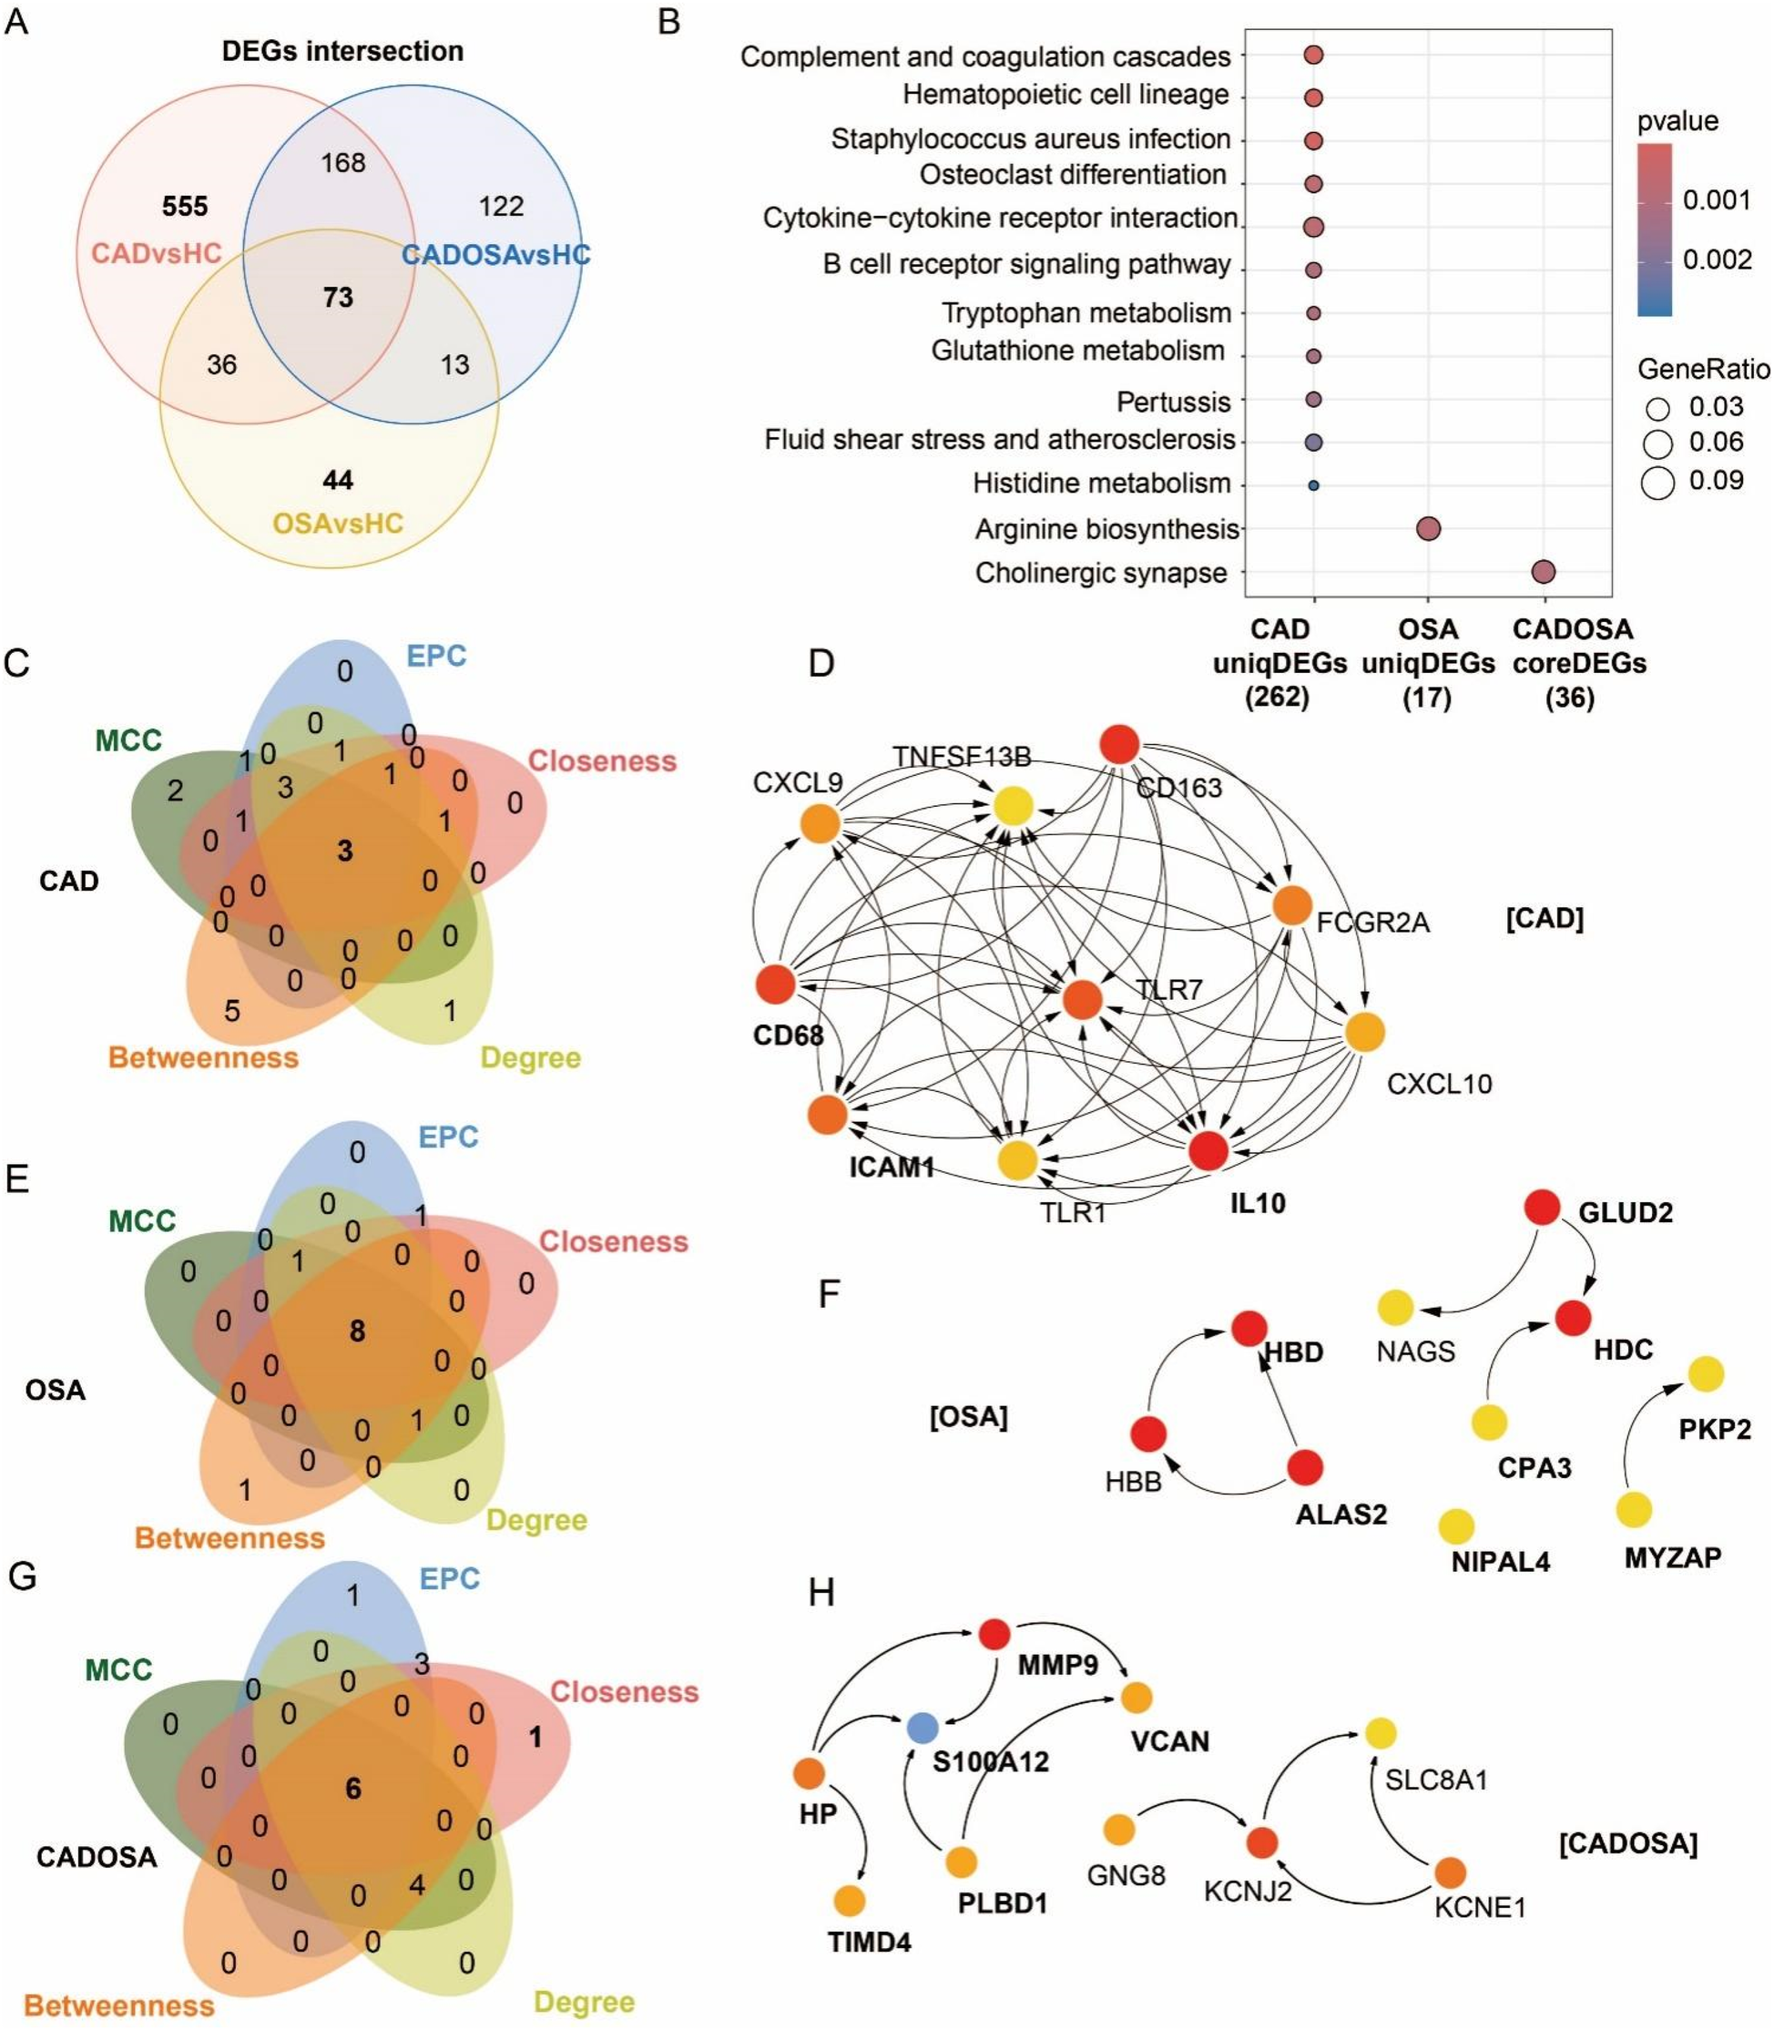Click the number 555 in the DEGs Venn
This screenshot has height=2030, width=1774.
tap(185, 206)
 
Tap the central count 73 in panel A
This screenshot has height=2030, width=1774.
tap(338, 297)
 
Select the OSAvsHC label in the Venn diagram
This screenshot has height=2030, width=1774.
tap(338, 523)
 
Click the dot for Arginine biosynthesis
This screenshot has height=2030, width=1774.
tap(1428, 529)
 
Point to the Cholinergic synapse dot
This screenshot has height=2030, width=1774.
tap(1543, 571)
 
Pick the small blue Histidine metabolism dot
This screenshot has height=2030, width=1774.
tap(1314, 485)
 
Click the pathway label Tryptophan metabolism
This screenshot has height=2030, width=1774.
tap(1086, 312)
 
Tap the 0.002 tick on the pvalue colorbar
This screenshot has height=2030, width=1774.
tap(1718, 260)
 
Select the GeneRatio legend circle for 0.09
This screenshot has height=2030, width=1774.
tap(1657, 482)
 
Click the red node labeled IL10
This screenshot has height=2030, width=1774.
tap(1208, 1150)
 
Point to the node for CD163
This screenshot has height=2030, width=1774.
tap(1119, 744)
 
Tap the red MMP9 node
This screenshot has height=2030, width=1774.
tap(994, 1634)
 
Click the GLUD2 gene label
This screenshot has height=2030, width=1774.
tap(1626, 1212)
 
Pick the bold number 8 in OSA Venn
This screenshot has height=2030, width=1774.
tap(356, 1331)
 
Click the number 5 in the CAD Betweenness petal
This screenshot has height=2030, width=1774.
tap(231, 1011)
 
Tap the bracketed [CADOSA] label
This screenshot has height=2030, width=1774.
tap(1627, 1844)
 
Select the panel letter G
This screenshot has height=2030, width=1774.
tap(22, 1576)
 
